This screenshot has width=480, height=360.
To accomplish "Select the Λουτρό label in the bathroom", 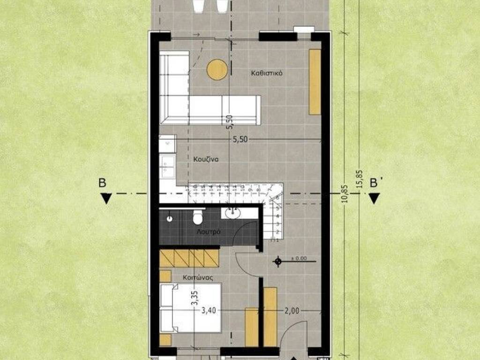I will click(x=209, y=232).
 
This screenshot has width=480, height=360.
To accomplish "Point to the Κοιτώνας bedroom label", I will click(x=198, y=277).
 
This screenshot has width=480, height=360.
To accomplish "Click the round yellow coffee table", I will click(x=217, y=69).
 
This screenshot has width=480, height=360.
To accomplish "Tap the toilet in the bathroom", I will click(x=197, y=217).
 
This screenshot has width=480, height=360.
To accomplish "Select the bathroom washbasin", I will click(x=232, y=214).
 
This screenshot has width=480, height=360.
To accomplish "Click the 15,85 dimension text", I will click(x=359, y=178).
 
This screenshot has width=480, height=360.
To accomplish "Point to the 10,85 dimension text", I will click(x=345, y=193).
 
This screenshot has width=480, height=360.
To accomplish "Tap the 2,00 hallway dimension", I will click(x=292, y=310).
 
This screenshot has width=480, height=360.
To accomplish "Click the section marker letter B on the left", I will click(x=102, y=183).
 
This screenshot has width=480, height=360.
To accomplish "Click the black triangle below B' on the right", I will click(x=374, y=199).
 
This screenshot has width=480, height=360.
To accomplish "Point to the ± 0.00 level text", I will click(x=299, y=258).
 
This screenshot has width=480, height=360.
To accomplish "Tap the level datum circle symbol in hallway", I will click(x=278, y=261).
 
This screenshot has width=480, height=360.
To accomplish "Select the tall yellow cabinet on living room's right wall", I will click(x=315, y=82).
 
